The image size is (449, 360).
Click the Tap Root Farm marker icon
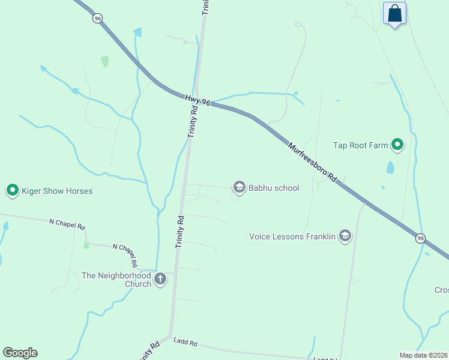tap(397, 145)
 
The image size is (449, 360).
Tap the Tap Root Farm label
tap(361, 145)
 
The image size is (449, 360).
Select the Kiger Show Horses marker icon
tap(13, 191)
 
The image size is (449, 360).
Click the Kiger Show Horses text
tap(57, 191)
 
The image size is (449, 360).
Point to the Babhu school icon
tap(239, 188)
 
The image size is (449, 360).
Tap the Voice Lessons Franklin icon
tap(345, 236)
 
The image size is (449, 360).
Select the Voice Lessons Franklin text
tap(292, 236)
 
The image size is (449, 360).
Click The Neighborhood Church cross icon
tap(160, 279)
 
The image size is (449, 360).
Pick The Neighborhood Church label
tap(116, 280)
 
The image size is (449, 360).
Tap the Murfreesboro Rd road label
tap(312, 162)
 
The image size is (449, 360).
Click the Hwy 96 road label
tap(197, 100)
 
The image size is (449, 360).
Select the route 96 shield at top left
tap(97, 19)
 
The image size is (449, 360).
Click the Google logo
tap(20, 353)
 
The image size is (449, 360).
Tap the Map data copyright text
tap(424, 355)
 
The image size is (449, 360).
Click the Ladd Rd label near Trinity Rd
tap(185, 342)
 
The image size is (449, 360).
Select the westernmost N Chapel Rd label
tap(67, 222)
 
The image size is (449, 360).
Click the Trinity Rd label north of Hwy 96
tap(205, 7)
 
